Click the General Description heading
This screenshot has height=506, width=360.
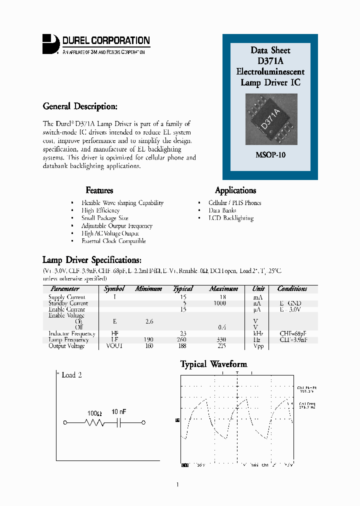(80, 106)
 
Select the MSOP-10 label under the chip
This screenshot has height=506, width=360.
(270, 155)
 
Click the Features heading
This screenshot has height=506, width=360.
(99, 190)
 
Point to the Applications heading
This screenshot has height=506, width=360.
(235, 190)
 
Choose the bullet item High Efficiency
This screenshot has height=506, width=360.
(100, 210)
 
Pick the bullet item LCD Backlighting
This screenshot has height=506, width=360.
(231, 218)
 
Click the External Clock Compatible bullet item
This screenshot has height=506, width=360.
(113, 241)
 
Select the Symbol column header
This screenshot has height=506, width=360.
(114, 289)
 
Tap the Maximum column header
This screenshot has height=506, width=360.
(223, 289)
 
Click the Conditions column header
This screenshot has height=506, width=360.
(292, 289)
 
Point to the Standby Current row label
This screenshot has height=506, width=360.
(68, 303)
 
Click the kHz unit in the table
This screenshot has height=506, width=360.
(258, 333)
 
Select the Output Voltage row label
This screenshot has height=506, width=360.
(66, 346)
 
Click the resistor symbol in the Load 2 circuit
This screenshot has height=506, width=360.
(94, 423)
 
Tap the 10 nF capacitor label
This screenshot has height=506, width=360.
(119, 411)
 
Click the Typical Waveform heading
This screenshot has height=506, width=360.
(213, 364)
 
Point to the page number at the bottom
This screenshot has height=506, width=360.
(177, 484)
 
